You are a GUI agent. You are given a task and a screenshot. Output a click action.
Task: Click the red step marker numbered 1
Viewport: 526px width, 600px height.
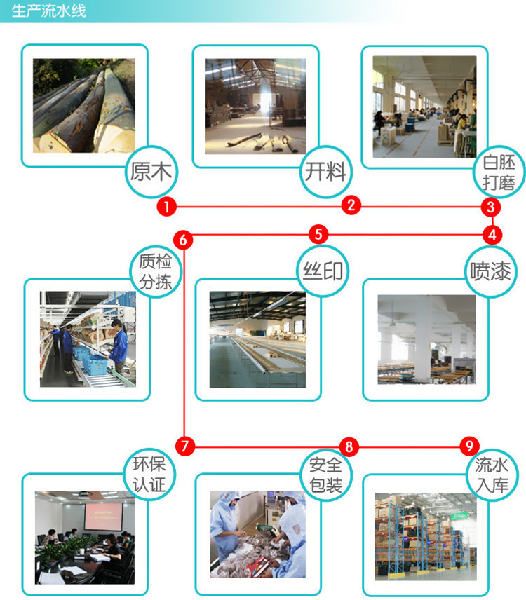click(167, 206)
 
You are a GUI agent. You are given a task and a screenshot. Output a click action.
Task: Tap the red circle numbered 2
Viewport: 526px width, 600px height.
click(351, 205)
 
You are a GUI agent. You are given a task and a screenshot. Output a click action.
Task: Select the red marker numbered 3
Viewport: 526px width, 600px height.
click(491, 207)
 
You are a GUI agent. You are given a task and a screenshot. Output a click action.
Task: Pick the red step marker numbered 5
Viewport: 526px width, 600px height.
click(318, 234)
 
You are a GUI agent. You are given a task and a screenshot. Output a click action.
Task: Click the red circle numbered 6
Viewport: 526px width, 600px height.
click(184, 240)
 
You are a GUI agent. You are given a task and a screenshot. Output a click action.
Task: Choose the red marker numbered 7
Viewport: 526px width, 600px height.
click(184, 446)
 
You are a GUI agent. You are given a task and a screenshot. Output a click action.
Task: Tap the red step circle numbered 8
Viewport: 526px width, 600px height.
click(349, 446)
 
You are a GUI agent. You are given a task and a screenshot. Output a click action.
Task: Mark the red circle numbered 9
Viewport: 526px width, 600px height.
click(469, 446)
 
